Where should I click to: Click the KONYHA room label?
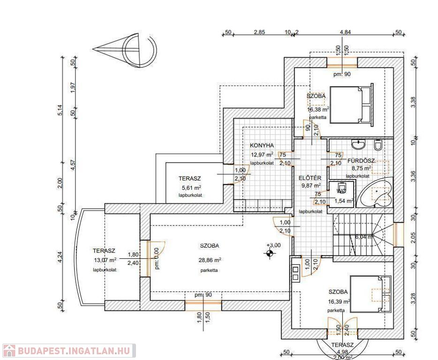click(x=262, y=145)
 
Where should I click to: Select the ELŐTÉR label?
click(x=310, y=178)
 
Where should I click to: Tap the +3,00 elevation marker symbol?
click(x=270, y=254)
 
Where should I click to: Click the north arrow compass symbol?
click(x=127, y=48)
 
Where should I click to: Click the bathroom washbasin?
click(x=359, y=144)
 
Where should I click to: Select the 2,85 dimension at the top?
click(x=259, y=32)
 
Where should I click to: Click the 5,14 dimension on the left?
click(x=60, y=111)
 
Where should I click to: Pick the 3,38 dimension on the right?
click(x=413, y=103)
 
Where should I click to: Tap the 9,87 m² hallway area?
click(x=310, y=186)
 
